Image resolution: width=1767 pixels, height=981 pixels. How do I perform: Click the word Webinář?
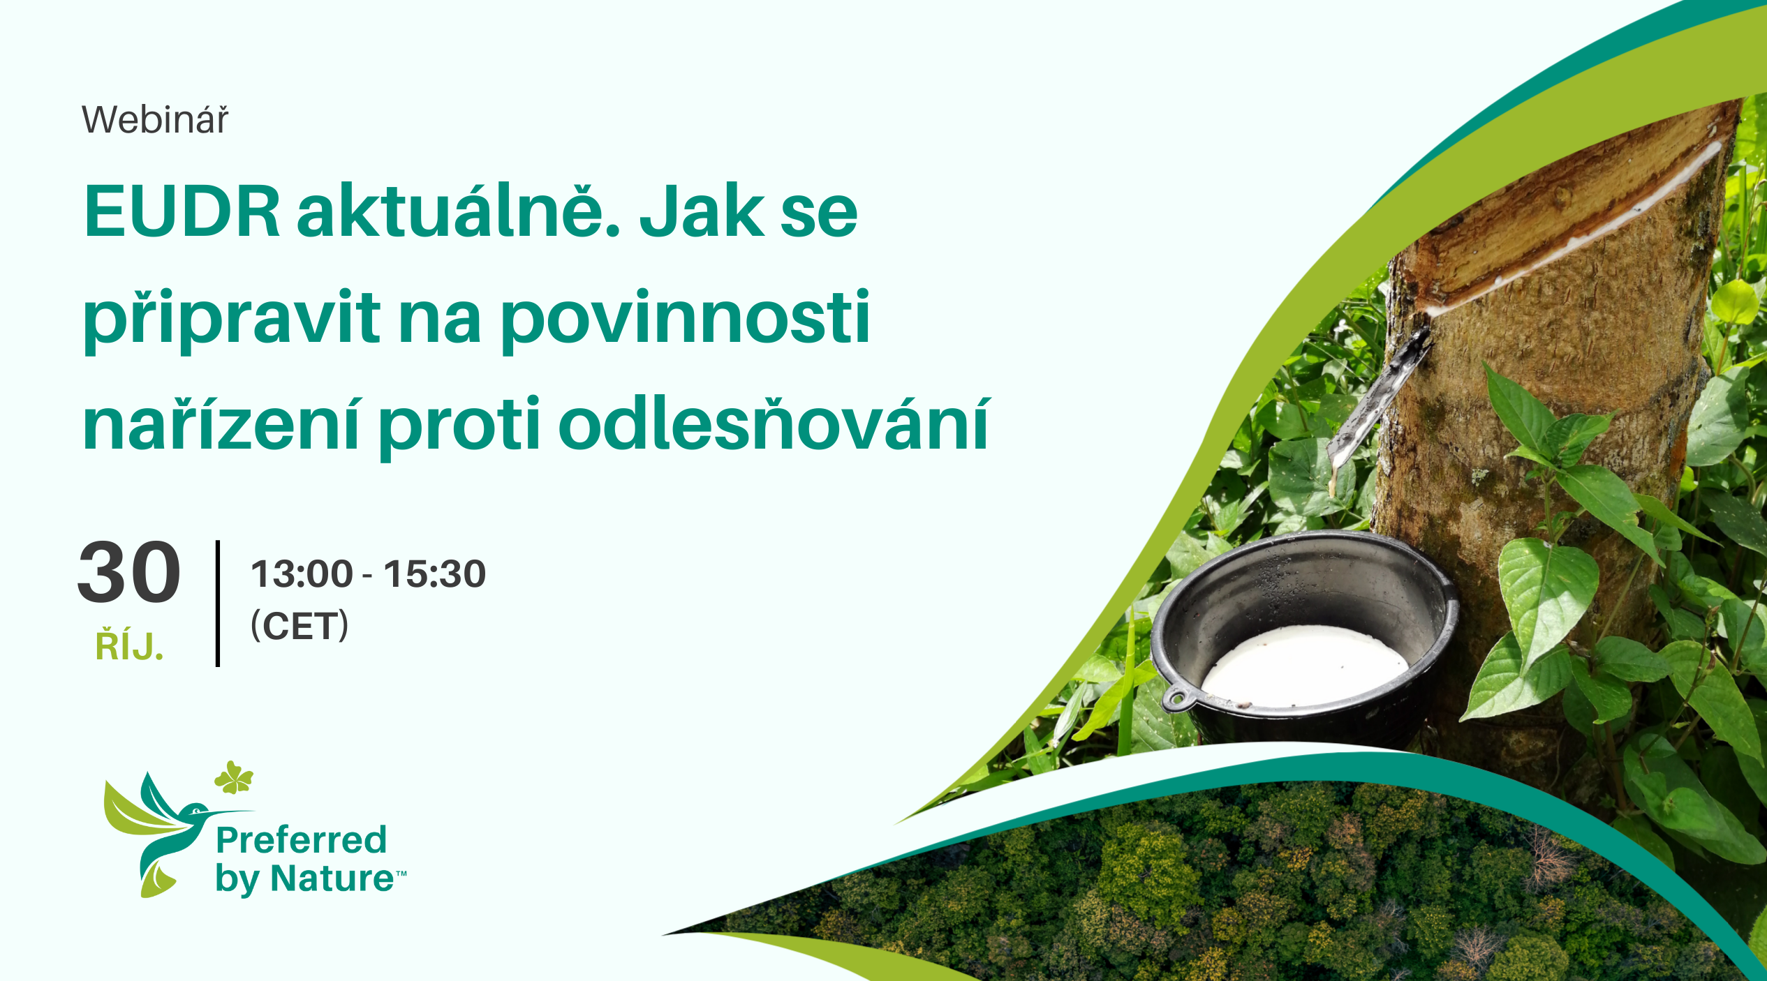pos(155,120)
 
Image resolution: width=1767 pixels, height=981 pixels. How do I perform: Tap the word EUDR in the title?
pos(182,211)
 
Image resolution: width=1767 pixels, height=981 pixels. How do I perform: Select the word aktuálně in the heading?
pos(459,209)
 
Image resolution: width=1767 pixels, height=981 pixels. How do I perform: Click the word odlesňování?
pos(774,424)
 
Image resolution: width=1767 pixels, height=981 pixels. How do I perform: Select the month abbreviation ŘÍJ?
pos(129,645)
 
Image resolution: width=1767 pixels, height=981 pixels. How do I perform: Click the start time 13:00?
pos(302,574)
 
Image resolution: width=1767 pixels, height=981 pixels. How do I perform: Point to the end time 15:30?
pos(434,574)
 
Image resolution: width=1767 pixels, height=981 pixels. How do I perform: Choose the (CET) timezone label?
pos(300,625)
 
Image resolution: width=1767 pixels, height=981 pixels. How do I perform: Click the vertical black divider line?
pos(218,604)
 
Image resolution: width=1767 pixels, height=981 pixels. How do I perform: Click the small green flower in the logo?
pos(234,778)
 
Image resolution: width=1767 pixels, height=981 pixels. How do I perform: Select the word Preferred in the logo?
pos(301,839)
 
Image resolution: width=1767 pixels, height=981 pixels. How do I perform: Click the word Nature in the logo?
pos(332,878)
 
